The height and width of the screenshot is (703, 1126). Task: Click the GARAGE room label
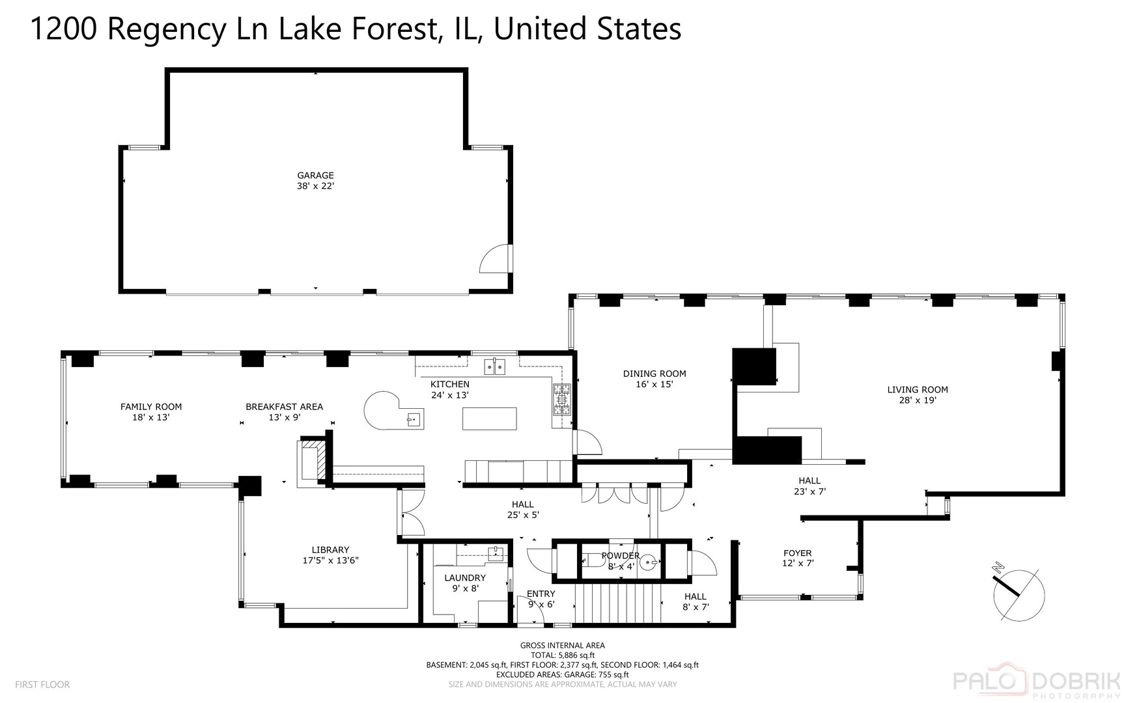315,175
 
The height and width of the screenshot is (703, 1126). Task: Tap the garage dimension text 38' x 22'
315,186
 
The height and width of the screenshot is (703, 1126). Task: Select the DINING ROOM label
654,374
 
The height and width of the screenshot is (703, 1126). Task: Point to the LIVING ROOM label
918,390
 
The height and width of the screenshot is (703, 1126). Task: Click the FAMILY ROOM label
151,407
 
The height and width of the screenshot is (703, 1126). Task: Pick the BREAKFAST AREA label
284,407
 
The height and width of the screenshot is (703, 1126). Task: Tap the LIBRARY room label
330,550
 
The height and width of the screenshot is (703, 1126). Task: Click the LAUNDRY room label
465,578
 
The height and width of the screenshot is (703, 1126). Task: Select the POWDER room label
621,556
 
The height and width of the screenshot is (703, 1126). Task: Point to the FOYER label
798,553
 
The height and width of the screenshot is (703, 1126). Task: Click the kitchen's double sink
496,366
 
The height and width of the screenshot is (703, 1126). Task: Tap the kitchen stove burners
562,400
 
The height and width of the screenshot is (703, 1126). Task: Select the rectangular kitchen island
490,419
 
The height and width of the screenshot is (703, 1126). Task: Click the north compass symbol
1019,593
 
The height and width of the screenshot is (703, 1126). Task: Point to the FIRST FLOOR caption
42,685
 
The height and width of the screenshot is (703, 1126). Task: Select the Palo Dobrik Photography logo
1038,683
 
